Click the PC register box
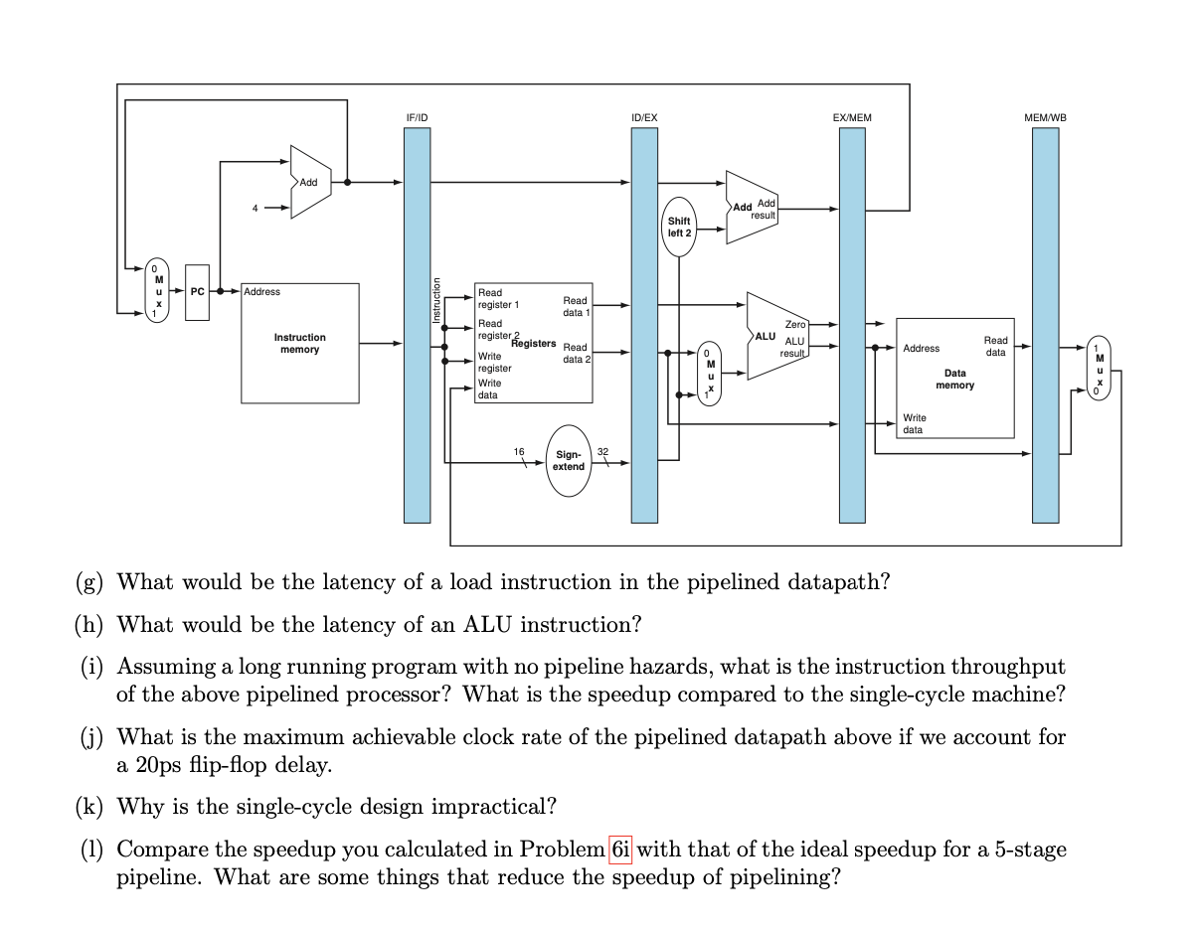197,292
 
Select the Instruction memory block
299,344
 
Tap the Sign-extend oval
569,460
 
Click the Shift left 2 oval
679,227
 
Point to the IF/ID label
418,117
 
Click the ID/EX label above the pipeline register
644,117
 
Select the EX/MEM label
851,117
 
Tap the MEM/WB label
1045,117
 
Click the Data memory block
954,379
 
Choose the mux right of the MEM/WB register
1098,370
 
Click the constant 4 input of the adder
255,209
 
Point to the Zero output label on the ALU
795,324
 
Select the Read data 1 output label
576,306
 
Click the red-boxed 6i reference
619,850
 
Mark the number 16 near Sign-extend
518,452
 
